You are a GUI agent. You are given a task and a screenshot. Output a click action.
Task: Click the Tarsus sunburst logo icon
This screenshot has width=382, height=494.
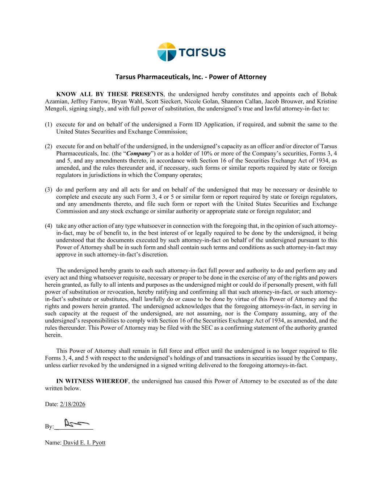[167, 52]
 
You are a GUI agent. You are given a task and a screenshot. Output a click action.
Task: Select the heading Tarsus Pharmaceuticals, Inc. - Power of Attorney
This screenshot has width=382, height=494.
[191, 77]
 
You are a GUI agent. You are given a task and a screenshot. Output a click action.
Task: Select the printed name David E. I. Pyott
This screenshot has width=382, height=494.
[84, 443]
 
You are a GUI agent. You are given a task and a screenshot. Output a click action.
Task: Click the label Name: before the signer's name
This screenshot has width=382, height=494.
[53, 443]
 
